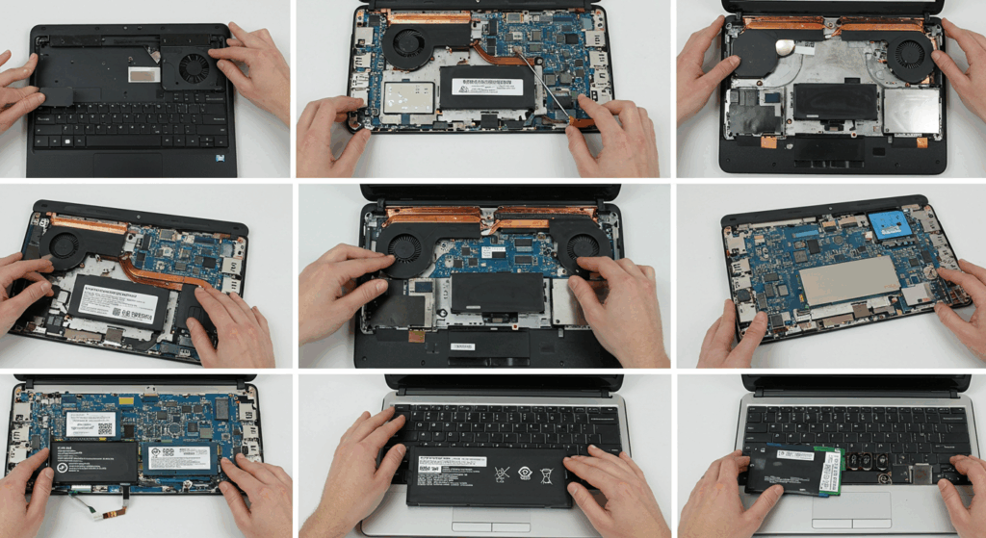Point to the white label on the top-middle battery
pyautogui.click(x=488, y=87)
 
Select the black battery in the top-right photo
pyautogui.click(x=834, y=102)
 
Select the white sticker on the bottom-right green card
pyautogui.click(x=796, y=453)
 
